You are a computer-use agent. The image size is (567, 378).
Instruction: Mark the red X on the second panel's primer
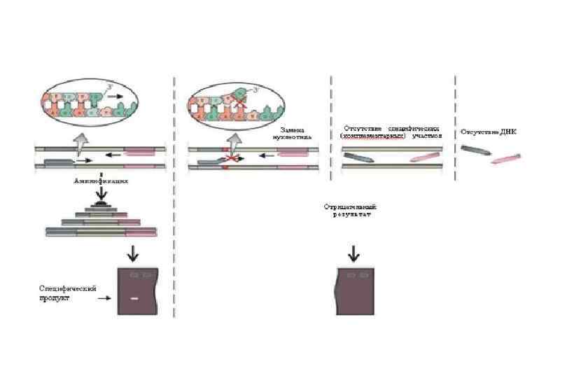[228, 160]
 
